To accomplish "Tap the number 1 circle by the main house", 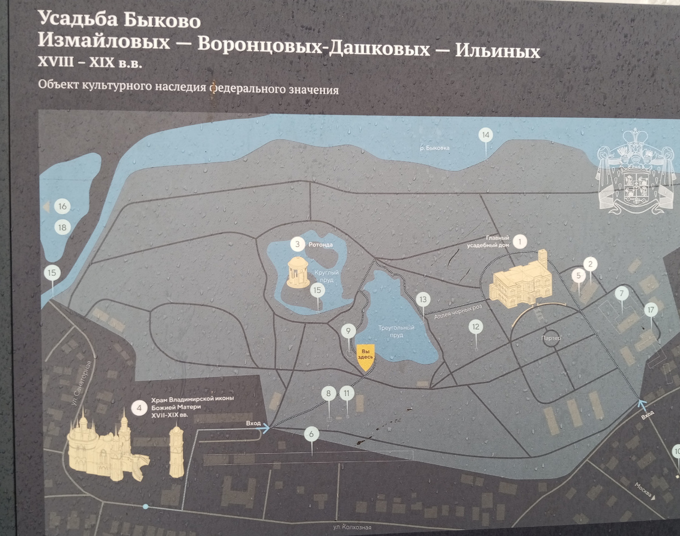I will point(519,243).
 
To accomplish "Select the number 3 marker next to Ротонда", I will point(296,245).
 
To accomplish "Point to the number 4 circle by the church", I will point(138,407).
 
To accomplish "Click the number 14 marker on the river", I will point(484,136).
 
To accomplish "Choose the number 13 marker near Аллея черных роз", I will point(422,299).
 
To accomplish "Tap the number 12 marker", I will point(475,327).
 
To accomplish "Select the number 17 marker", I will point(651,310).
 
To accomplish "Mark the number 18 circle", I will point(62,228).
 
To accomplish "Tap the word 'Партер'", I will point(551,338).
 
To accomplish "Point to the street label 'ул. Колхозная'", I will point(351,528).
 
